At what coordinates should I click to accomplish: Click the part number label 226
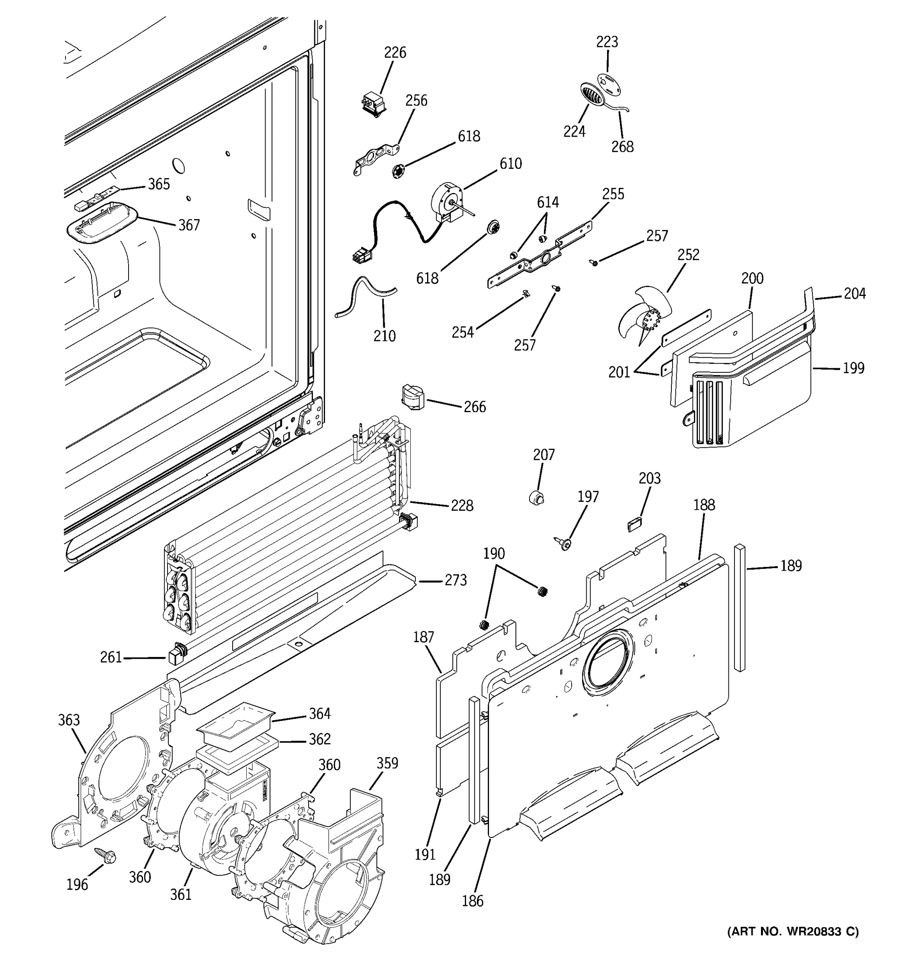click(395, 52)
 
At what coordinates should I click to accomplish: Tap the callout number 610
click(510, 164)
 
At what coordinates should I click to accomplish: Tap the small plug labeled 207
click(536, 498)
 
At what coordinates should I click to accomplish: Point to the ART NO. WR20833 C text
click(792, 931)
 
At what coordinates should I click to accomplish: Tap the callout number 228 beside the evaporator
click(462, 505)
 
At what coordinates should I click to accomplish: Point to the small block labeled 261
click(176, 655)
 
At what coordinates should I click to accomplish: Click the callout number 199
click(853, 368)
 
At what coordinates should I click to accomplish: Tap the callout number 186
click(472, 901)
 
